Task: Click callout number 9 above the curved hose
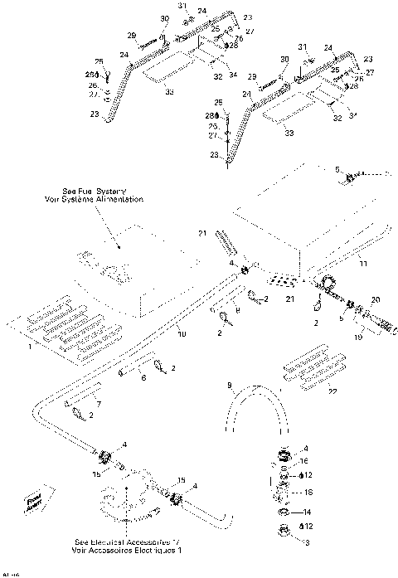(x=231, y=385)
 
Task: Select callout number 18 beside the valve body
(x=308, y=492)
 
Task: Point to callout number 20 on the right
(x=375, y=299)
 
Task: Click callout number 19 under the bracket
(x=359, y=338)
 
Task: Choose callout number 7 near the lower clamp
(x=98, y=403)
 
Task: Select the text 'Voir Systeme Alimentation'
(x=96, y=200)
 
